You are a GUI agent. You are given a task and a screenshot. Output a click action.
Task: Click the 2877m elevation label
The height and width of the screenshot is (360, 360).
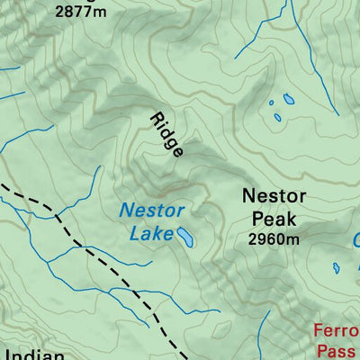click(x=78, y=13)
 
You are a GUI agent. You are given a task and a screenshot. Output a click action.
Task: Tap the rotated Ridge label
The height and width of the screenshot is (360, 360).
click(x=166, y=135)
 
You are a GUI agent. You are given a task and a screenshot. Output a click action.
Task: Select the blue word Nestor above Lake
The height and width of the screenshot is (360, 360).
click(x=152, y=211)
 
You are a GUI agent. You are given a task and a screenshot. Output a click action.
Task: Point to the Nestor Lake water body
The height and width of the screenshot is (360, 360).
click(x=185, y=237)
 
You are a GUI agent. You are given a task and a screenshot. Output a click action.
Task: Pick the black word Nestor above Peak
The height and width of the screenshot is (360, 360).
click(x=274, y=196)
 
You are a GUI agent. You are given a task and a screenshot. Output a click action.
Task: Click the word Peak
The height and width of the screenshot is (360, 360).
click(x=274, y=219)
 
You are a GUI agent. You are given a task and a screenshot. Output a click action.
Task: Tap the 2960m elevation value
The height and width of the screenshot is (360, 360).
click(x=274, y=238)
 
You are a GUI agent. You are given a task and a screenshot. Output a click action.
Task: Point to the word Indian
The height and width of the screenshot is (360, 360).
click(x=32, y=354)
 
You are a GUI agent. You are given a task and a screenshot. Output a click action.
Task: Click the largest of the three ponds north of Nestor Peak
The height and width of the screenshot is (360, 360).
click(x=288, y=98)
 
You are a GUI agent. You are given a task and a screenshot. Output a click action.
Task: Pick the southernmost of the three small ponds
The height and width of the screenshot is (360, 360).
click(x=278, y=117)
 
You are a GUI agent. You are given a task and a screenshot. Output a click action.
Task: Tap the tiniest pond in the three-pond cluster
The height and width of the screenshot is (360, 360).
click(x=272, y=103)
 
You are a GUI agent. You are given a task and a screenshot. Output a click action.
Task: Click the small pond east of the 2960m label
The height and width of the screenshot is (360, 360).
click(x=336, y=267)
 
